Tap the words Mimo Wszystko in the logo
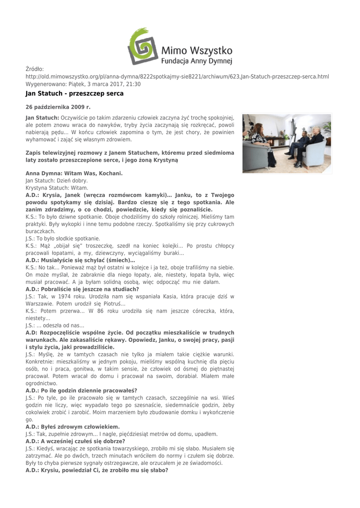pos(197,50)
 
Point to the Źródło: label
pos(35,69)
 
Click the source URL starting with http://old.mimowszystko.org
pos(177,77)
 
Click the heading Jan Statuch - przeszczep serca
pos(74,93)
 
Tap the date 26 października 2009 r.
pos(58,107)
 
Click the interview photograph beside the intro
pos(287,143)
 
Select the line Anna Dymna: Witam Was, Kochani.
pos(74,174)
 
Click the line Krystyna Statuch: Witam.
pos(57,188)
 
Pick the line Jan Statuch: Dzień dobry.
pos(57,181)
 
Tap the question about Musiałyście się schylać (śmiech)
pos(80,260)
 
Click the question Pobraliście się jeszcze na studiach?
pos(82,289)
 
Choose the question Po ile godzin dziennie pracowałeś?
pos(81,390)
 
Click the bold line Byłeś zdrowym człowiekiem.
pos(72,427)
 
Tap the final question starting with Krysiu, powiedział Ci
pos(97,470)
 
